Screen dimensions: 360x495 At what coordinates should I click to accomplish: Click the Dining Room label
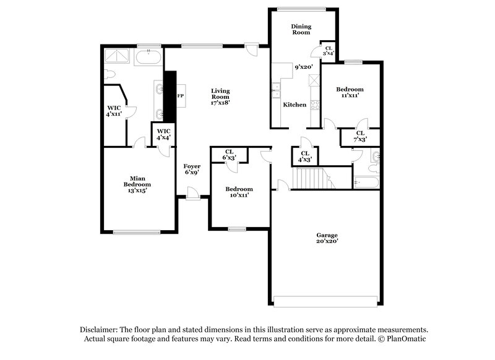tap(301, 29)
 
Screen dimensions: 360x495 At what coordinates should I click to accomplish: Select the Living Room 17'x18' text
tap(220, 96)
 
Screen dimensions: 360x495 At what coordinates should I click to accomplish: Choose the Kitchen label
tap(295, 105)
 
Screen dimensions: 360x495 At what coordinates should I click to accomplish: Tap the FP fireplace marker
tap(181, 96)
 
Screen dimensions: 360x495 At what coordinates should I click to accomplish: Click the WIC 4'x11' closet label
tap(113, 111)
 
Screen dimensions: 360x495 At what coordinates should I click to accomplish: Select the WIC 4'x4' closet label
tap(163, 134)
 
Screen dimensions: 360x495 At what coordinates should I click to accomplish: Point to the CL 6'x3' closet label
tap(229, 155)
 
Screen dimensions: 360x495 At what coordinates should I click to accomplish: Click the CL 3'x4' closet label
tap(329, 51)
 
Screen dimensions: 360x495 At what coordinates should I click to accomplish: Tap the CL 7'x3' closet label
tap(360, 136)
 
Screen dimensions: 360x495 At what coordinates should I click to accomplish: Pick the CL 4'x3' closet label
tap(304, 156)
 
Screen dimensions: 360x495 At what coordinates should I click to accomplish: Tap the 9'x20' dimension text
tap(303, 67)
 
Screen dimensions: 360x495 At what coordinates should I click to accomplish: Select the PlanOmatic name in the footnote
tap(405, 340)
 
